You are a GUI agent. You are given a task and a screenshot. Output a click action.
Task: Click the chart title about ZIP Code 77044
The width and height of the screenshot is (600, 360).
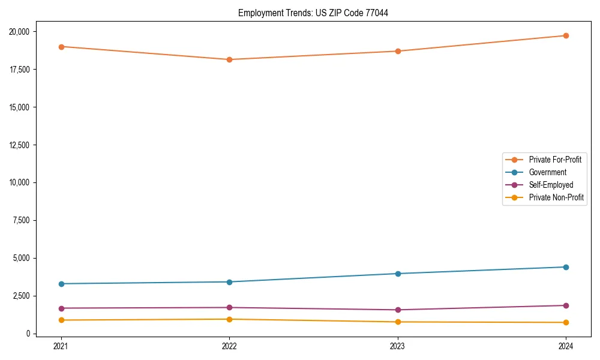[313, 13]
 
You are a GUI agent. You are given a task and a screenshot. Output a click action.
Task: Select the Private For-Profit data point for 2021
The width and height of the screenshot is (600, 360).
[61, 47]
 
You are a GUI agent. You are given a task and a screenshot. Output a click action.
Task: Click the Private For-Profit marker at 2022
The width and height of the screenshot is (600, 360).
[229, 59]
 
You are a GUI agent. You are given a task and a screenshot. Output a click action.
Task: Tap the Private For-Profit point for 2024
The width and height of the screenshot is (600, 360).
[566, 36]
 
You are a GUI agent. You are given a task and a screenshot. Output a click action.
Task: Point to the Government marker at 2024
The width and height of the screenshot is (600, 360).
[566, 267]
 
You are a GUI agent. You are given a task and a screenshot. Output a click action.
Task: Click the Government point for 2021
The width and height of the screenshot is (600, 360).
[61, 284]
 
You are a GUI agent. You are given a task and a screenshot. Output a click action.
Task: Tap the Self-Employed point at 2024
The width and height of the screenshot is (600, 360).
[566, 305]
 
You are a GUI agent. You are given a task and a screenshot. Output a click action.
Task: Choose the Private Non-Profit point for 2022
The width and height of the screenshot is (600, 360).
[229, 319]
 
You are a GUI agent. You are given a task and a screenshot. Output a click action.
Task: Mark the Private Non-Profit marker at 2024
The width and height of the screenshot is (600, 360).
[566, 323]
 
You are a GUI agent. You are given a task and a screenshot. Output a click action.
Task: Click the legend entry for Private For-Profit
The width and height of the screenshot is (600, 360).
[554, 160]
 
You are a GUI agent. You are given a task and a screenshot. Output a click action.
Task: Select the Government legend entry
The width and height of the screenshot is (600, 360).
[547, 172]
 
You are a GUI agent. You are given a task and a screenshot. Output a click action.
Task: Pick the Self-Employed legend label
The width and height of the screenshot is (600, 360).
[551, 185]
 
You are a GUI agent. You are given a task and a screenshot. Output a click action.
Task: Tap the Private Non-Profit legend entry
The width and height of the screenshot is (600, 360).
[556, 197]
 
